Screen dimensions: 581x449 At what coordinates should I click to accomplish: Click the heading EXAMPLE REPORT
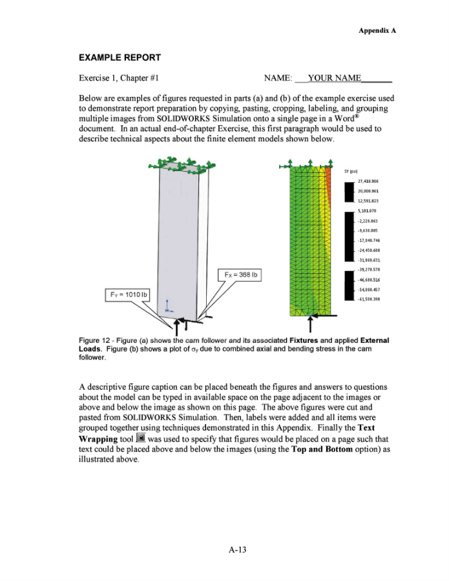tap(120, 57)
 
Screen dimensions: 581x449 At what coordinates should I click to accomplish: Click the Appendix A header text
tap(377, 30)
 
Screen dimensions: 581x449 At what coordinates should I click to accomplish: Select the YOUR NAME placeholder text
tap(335, 78)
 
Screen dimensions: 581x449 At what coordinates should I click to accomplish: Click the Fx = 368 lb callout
tap(240, 274)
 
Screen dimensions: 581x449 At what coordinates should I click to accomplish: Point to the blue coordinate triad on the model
tap(167, 304)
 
